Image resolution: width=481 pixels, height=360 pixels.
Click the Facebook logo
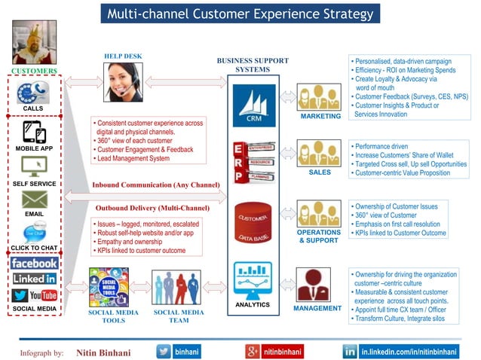point(34,263)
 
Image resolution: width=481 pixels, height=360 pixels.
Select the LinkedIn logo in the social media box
point(34,279)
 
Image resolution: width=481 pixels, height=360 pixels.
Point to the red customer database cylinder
point(253,223)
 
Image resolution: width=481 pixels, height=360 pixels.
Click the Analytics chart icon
point(253,279)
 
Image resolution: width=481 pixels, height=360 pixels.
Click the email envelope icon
point(34,200)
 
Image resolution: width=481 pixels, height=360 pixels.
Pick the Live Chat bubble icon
point(35,232)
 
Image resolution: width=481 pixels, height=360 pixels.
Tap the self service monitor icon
point(34,166)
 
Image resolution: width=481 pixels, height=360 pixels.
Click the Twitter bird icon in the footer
point(164,351)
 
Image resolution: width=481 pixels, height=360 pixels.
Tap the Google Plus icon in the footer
point(253,351)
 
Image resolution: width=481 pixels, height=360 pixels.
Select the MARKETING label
point(320,117)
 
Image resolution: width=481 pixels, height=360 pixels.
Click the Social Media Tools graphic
point(109,287)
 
